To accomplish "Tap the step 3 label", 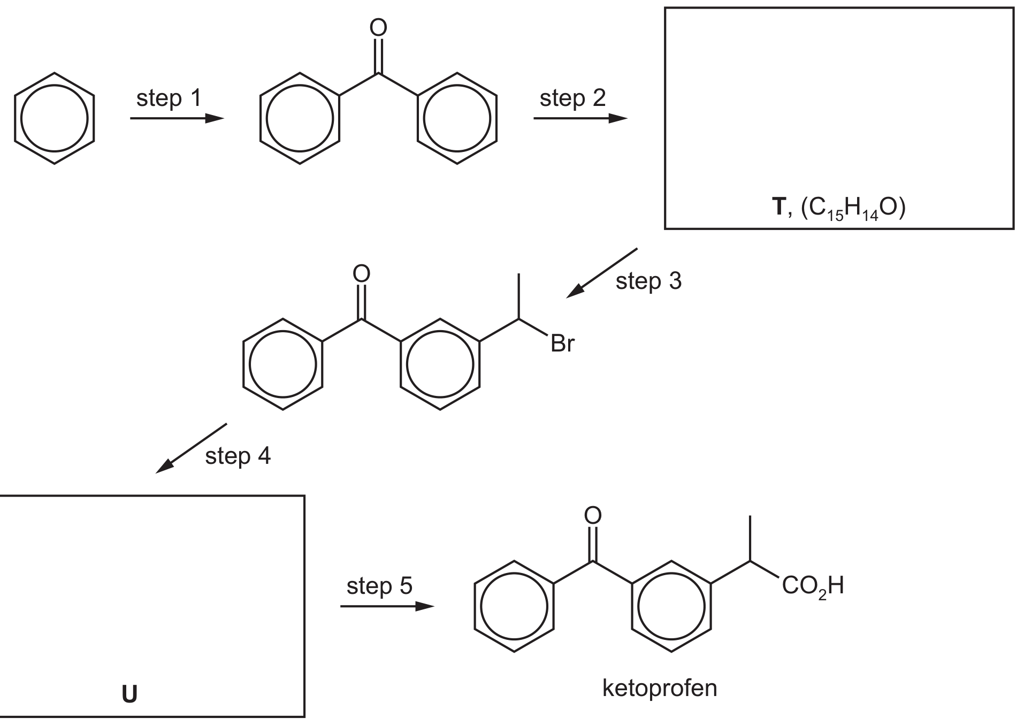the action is tap(648, 281).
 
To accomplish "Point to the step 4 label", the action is tap(238, 456).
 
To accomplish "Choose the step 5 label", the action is tap(379, 586).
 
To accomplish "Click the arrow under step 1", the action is tap(177, 119).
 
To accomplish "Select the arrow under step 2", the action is tap(580, 119).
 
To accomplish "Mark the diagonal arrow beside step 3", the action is tap(602, 273).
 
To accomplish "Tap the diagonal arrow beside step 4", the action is tap(191, 448).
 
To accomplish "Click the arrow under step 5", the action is tap(387, 606).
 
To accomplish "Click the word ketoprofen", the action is tap(660, 688).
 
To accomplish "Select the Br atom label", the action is tap(562, 344).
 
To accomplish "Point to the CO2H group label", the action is tap(813, 586).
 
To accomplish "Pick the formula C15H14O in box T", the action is tap(853, 208).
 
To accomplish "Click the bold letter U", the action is tap(129, 694).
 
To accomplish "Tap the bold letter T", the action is tap(779, 207).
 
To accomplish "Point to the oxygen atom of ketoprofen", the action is tap(593, 516).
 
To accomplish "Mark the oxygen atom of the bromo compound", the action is tap(362, 274).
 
